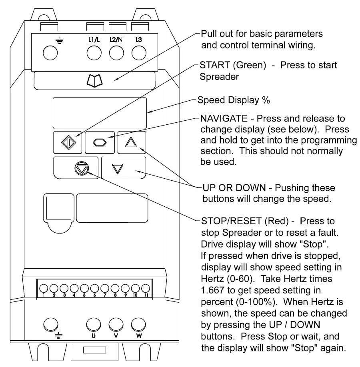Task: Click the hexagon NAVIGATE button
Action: point(100,142)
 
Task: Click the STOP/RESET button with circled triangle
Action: point(80,168)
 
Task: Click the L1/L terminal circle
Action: point(94,53)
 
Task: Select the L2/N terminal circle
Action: point(116,53)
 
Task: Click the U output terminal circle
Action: point(94,323)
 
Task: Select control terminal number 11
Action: point(146,288)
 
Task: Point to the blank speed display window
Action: point(100,112)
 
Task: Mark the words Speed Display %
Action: point(234,100)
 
